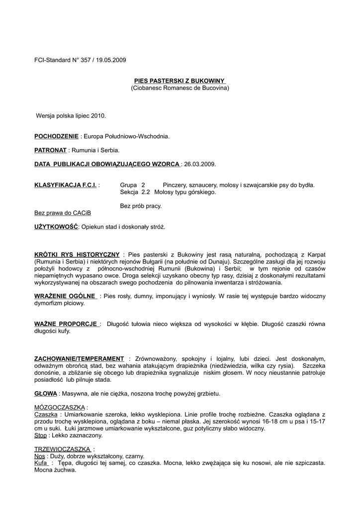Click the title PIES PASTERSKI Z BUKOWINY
(x=180, y=81)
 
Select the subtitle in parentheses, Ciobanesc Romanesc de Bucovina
(x=180, y=88)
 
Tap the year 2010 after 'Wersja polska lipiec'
(x=98, y=115)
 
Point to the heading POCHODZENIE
(x=56, y=136)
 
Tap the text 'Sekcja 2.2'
(x=135, y=192)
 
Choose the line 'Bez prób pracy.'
(x=141, y=206)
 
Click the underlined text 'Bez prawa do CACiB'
(x=63, y=213)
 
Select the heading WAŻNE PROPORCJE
(x=67, y=324)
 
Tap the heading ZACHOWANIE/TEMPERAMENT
(x=79, y=358)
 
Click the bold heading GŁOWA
(x=46, y=393)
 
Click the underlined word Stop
(x=40, y=435)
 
